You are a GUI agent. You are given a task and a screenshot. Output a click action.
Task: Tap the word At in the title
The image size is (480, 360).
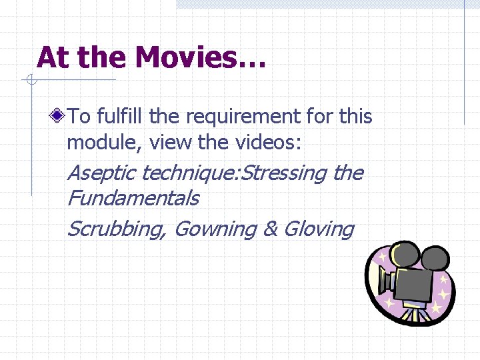(53, 57)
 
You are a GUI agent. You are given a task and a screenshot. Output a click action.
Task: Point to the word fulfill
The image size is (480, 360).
(121, 117)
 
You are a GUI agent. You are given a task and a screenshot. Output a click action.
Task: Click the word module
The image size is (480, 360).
(105, 142)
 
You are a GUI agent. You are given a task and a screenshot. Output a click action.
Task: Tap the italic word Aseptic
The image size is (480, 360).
(102, 174)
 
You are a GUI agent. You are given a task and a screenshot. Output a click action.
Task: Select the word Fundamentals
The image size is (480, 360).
(133, 198)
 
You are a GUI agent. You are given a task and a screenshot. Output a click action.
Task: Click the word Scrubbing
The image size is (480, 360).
(117, 229)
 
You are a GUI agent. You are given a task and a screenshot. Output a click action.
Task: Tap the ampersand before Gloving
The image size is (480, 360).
(271, 229)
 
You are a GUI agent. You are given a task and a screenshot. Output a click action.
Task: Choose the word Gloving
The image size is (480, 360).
(319, 229)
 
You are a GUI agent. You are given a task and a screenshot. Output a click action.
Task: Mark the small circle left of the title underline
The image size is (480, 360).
(30, 81)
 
